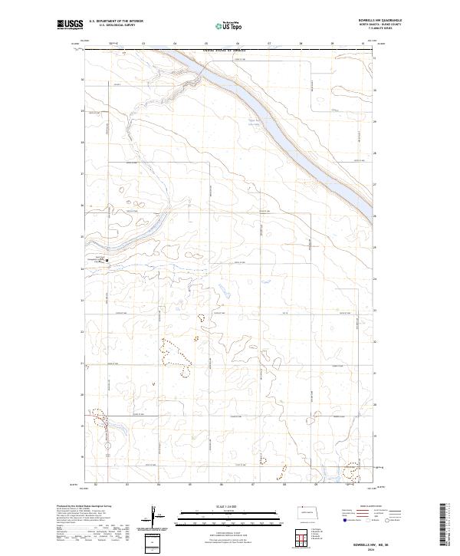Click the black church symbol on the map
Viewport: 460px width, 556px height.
point(107,261)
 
